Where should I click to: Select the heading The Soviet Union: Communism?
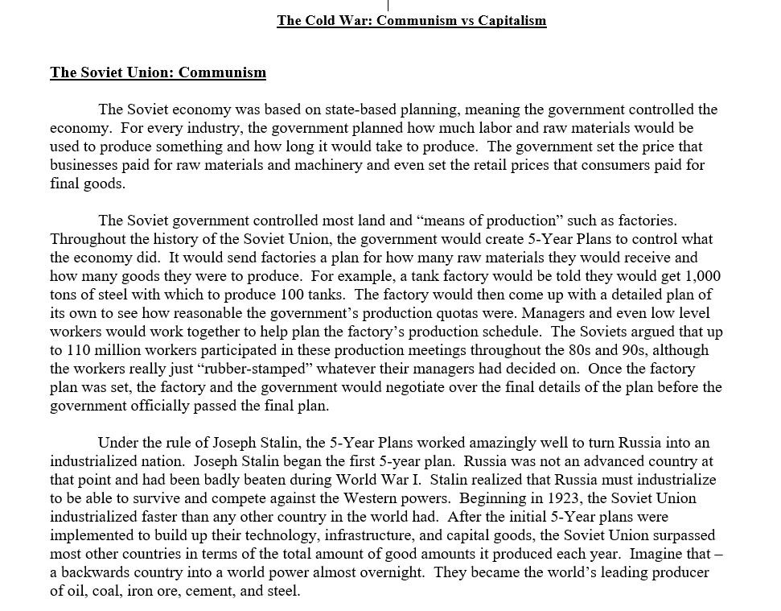coord(158,72)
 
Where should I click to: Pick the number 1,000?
coord(694,276)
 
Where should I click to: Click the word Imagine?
coord(657,554)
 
